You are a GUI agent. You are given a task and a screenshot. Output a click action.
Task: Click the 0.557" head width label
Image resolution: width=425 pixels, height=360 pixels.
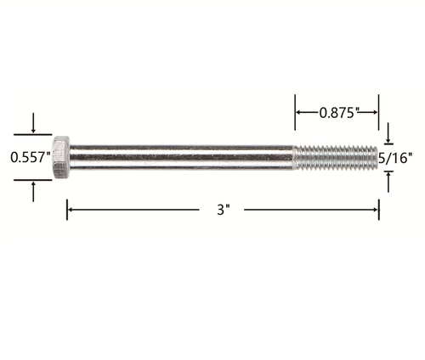click(31, 157)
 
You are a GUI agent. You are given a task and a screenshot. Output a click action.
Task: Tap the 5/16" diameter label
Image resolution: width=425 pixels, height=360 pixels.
click(395, 158)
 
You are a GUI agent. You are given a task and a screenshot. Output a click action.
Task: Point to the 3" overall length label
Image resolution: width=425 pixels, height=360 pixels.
click(223, 210)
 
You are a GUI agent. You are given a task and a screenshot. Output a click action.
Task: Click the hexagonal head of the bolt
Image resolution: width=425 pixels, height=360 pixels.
click(60, 157)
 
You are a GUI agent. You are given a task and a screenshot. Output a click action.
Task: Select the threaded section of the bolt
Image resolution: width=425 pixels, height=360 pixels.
click(335, 157)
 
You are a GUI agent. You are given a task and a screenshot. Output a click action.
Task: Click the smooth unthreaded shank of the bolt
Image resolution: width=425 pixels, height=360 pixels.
click(181, 157)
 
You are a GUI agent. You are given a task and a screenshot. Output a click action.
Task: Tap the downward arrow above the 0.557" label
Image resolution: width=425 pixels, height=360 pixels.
click(33, 123)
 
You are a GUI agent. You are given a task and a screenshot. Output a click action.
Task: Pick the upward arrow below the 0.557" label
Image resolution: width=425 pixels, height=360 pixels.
click(33, 192)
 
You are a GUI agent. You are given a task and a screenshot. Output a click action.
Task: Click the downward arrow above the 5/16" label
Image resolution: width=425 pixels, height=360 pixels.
click(388, 132)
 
